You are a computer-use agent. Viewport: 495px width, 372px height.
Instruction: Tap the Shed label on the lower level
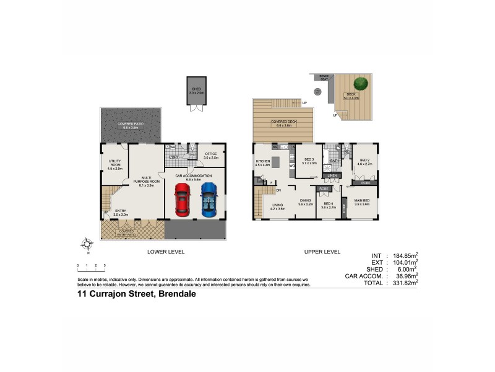(x=196, y=91)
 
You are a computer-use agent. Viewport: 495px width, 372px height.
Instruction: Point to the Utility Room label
(x=114, y=164)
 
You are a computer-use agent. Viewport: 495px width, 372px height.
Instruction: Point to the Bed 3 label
(x=309, y=161)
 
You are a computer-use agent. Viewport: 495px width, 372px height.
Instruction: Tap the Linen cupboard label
(x=332, y=176)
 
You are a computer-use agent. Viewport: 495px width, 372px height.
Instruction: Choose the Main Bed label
(x=361, y=201)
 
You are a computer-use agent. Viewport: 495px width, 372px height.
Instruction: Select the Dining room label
(x=305, y=201)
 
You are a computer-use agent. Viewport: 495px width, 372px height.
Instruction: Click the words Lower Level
(x=165, y=252)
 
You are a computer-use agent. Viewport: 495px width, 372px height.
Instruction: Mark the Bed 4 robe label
(x=324, y=188)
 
